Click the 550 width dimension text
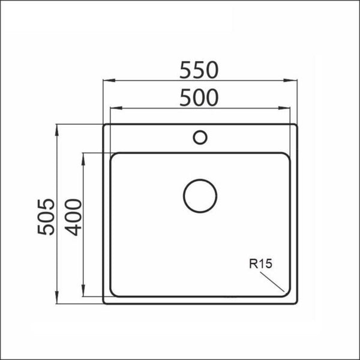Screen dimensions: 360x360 coord(198,71)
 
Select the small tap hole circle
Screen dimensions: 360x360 coord(200,137)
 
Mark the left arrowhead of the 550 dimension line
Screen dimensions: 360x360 coord(106,81)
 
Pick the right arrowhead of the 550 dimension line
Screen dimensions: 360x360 coord(295,81)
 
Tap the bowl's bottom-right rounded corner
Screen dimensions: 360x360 coord(286,293)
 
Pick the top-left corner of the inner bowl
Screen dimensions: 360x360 coord(113,155)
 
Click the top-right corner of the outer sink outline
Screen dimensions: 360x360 coord(296,126)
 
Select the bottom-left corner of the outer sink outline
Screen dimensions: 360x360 coord(104,302)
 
